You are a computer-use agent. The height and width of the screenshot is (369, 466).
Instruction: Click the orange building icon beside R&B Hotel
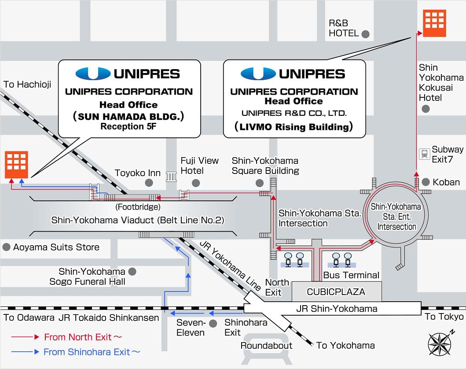tap(434, 23)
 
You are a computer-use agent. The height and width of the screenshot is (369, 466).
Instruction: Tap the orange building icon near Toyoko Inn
tap(16, 165)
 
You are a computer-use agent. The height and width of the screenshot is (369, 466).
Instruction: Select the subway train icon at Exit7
tap(424, 154)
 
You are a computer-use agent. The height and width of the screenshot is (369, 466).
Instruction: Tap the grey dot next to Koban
tap(426, 182)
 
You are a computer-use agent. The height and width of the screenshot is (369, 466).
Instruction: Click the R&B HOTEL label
tap(344, 28)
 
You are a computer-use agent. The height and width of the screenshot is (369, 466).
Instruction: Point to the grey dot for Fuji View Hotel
tap(195, 183)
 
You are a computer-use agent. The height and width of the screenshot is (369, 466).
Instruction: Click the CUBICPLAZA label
tap(336, 292)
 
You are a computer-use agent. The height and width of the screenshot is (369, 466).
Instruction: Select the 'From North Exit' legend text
tap(83, 337)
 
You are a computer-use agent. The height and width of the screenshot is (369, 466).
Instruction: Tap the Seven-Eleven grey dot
tap(213, 324)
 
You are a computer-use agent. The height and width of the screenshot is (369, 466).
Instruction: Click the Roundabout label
tap(266, 346)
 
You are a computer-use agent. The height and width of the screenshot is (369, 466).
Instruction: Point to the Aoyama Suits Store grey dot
tap(6, 247)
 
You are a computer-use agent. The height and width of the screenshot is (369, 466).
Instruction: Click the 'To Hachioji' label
tap(27, 85)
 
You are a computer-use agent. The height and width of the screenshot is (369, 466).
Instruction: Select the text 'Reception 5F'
tap(128, 126)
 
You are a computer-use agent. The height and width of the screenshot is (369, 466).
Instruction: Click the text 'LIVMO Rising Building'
tap(294, 127)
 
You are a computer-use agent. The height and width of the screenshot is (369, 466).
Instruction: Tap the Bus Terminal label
tap(351, 275)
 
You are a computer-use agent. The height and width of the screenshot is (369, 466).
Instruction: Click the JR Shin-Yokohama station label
tap(337, 309)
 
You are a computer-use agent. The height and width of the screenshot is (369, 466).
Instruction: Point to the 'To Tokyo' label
tap(444, 316)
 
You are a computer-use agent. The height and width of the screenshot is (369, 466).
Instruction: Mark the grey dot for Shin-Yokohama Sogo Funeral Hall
tap(132, 272)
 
